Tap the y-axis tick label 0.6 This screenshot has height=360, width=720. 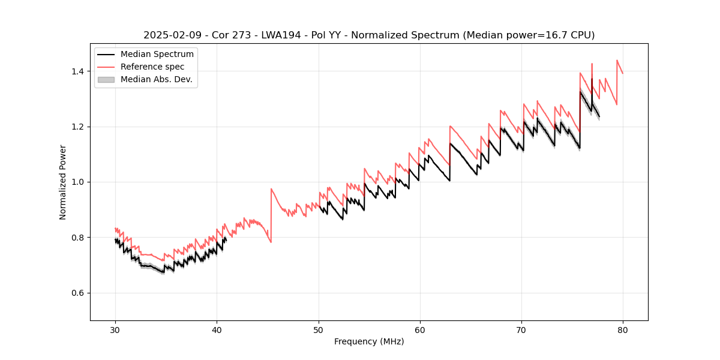point(79,293)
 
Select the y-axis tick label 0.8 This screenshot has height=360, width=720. point(79,238)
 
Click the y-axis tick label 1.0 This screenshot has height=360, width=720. point(79,182)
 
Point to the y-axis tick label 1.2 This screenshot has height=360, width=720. point(79,127)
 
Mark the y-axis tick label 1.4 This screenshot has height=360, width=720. point(79,71)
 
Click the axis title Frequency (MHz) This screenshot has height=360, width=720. point(369,341)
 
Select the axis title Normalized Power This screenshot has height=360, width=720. point(63,182)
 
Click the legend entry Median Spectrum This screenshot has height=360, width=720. point(157,55)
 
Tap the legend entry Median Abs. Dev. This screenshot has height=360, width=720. point(157,79)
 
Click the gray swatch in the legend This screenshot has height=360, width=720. point(106,79)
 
